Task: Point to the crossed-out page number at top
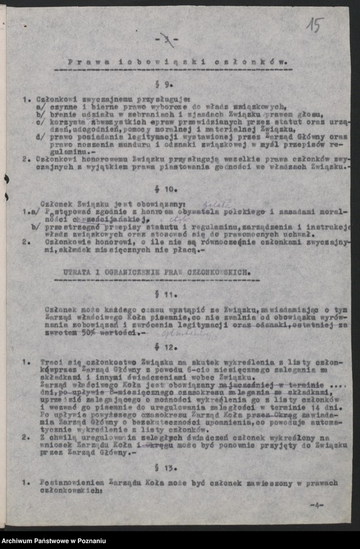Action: click(x=171, y=40)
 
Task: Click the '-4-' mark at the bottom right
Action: click(x=317, y=505)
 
